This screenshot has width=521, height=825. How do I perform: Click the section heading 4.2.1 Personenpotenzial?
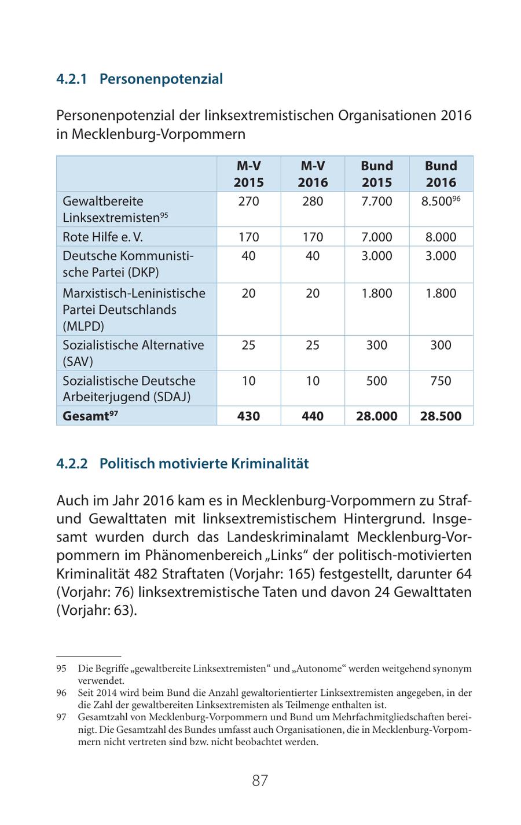click(x=139, y=79)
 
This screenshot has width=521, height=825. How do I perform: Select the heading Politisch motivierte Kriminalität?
click(x=182, y=463)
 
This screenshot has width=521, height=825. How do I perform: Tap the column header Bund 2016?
click(x=441, y=174)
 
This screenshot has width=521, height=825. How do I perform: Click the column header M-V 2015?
click(x=248, y=174)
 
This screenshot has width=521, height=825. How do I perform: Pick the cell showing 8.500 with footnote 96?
click(x=441, y=201)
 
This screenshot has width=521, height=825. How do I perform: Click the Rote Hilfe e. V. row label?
click(x=102, y=237)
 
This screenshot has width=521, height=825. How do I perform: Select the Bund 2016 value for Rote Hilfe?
click(x=441, y=237)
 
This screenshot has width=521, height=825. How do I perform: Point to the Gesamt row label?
click(x=90, y=416)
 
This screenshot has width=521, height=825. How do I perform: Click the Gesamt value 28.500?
click(x=441, y=416)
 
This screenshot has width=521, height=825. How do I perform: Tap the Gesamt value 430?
click(x=248, y=416)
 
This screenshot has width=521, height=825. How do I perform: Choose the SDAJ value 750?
click(x=441, y=380)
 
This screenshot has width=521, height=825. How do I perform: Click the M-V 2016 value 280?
click(x=313, y=201)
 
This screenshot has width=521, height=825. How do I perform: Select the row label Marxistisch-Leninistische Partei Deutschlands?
click(x=134, y=309)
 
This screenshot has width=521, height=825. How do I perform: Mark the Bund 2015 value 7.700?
click(x=376, y=201)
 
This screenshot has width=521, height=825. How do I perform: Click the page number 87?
click(x=260, y=780)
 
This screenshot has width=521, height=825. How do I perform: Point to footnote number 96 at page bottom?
click(x=61, y=693)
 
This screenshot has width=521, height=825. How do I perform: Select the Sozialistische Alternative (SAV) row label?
click(x=133, y=353)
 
